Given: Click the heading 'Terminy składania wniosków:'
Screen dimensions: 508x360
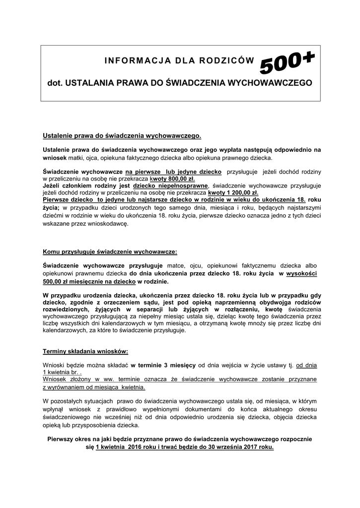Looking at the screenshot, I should (85, 351).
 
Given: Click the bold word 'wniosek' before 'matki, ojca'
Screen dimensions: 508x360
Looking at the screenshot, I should (57, 157).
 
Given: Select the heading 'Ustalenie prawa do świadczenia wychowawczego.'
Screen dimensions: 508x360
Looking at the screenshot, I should (122, 135).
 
